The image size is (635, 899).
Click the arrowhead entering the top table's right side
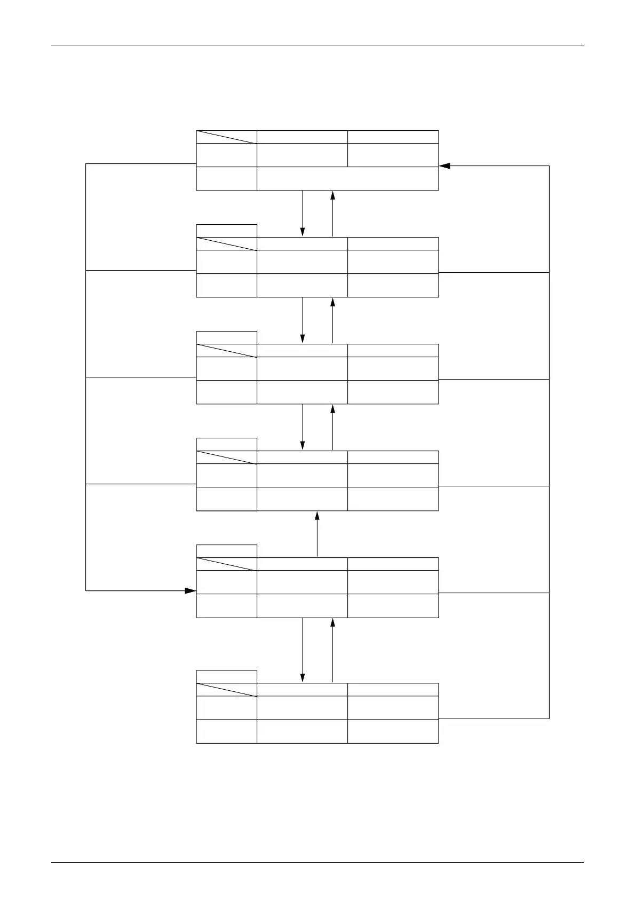(444, 166)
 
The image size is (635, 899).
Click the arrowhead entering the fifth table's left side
(190, 590)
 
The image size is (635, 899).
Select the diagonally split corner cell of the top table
(226, 137)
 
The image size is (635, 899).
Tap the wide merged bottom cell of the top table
(347, 178)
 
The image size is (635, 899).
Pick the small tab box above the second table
(226, 231)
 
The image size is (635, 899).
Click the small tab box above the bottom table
(226, 676)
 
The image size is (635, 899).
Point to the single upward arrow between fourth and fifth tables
(317, 534)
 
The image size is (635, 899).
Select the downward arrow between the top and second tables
(303, 213)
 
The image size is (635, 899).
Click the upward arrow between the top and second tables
(332, 213)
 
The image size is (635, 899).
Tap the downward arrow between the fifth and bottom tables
(303, 650)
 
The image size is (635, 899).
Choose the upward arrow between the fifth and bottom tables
(332, 650)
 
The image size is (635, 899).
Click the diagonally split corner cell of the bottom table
(226, 689)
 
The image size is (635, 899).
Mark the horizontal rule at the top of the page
(317, 45)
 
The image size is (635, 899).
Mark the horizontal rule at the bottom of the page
(317, 862)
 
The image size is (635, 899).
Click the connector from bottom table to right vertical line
(494, 719)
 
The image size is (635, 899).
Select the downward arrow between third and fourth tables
(303, 427)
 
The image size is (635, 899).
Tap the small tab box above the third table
(226, 337)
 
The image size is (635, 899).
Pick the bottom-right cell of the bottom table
(393, 731)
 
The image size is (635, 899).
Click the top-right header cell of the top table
(393, 137)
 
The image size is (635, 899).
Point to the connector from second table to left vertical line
(141, 270)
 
